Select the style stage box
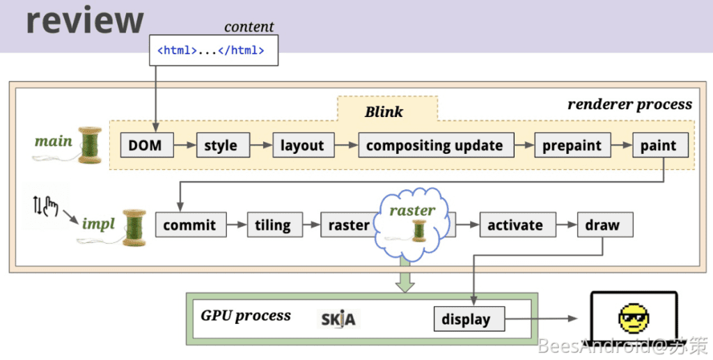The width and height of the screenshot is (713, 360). (221, 146)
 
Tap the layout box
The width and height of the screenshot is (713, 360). (302, 146)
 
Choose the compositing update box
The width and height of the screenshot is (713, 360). (435, 146)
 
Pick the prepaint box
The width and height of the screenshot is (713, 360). (572, 146)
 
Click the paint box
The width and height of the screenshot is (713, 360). (659, 146)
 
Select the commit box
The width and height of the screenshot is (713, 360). (190, 225)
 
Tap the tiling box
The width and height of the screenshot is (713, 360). (272, 225)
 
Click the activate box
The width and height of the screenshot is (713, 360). (515, 225)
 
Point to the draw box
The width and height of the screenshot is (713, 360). (603, 225)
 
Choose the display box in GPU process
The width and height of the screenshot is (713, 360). (466, 320)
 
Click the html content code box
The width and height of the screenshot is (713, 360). (214, 51)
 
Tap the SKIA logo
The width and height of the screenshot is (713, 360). (338, 319)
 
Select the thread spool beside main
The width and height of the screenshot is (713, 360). (89, 145)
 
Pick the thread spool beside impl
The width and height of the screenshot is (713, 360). (133, 227)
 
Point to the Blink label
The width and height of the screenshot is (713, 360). (384, 111)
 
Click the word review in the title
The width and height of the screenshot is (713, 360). (85, 20)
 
